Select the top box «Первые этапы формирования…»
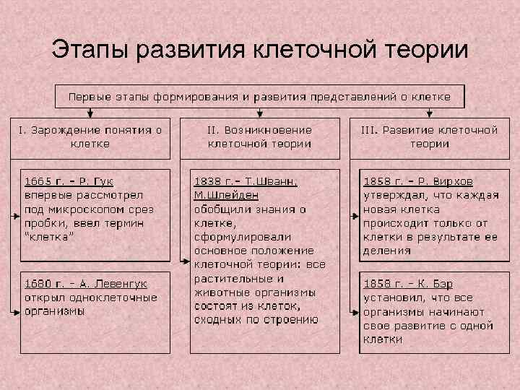point(260,96)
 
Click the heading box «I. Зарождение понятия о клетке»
point(90,136)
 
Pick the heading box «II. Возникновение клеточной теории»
point(260,136)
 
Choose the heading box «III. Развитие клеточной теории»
point(430,136)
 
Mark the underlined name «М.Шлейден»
point(226,195)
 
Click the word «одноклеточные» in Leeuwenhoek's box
point(118,298)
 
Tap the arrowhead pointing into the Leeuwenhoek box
point(17,311)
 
